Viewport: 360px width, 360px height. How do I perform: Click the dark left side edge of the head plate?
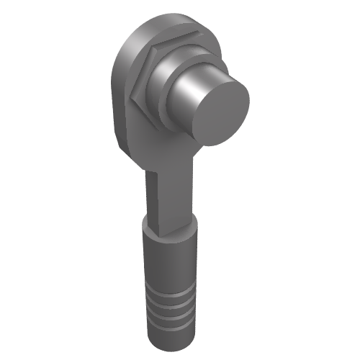pyautogui.click(x=115, y=94)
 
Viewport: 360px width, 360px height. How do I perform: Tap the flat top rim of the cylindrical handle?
pyautogui.click(x=169, y=232)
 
